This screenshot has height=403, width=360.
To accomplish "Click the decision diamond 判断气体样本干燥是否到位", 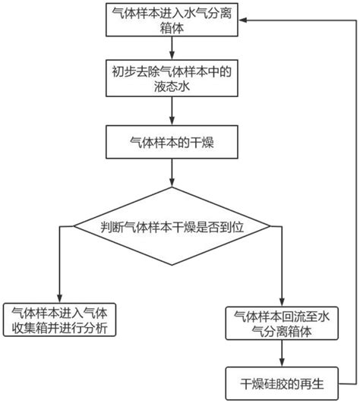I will [x=173, y=225].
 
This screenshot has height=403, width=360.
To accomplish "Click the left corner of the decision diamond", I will [x=74, y=225].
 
